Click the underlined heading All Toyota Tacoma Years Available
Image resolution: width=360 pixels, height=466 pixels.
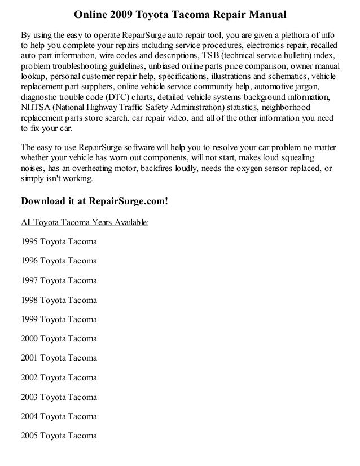[x=85, y=222]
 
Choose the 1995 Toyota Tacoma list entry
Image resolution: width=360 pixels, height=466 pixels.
[x=59, y=242]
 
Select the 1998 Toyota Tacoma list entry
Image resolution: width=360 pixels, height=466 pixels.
[x=59, y=300]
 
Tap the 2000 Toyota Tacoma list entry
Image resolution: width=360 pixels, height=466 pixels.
[x=59, y=338]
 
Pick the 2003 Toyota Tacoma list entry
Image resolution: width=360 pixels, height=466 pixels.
[x=59, y=397]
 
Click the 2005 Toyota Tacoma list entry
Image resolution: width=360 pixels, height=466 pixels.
[x=59, y=435]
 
